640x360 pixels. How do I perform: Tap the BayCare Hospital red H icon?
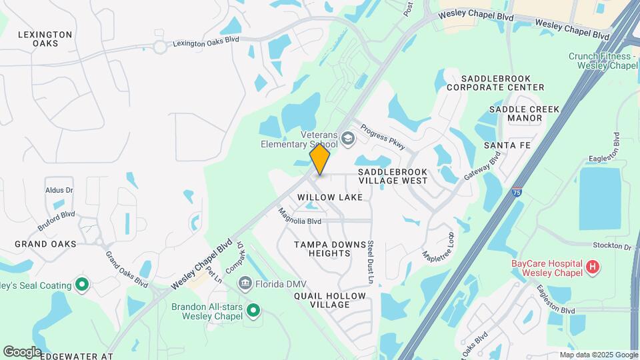(x=592, y=268)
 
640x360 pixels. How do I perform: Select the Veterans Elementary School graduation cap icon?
(x=347, y=138)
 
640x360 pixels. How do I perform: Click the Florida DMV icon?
(x=245, y=284)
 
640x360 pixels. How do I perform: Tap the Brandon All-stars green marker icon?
(x=253, y=310)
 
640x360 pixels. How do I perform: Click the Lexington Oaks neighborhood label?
(x=45, y=39)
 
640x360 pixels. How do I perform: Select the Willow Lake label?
(x=330, y=197)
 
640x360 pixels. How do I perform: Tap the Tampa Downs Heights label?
(x=331, y=249)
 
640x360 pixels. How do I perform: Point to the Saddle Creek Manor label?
(x=515, y=113)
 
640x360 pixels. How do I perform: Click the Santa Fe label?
(x=507, y=145)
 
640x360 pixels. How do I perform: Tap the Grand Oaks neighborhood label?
(x=45, y=244)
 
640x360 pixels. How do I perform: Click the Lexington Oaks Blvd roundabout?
(x=160, y=47)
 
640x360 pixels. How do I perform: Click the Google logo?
(x=22, y=351)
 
